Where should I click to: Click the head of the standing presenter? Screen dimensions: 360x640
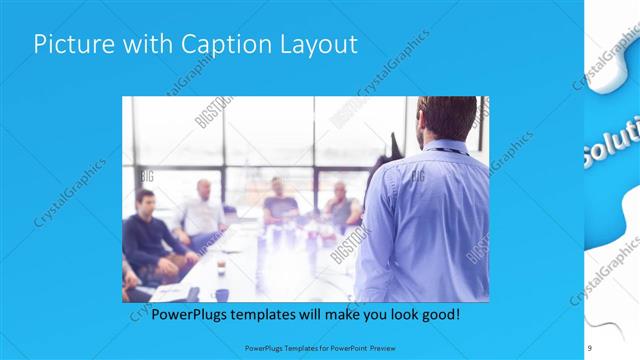tap(447, 118)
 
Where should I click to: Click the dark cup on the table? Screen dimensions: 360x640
tap(222, 295)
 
